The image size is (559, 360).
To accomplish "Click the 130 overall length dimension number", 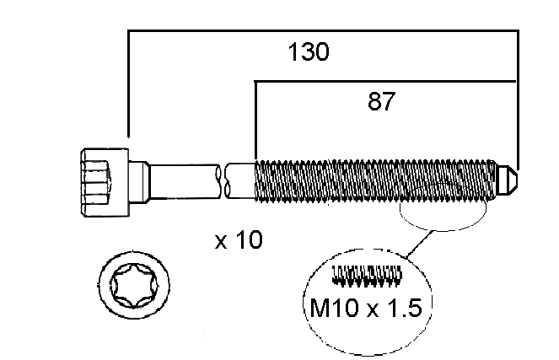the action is click(x=309, y=52).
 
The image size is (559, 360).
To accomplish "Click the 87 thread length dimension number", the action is click(x=381, y=101).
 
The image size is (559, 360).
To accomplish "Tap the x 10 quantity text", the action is click(x=239, y=239).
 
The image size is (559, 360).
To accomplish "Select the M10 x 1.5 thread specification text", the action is click(x=366, y=308).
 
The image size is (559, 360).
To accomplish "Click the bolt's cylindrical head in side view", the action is click(x=105, y=182).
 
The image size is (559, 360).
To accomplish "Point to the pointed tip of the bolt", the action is click(x=518, y=178).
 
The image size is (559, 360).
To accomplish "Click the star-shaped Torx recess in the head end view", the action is click(x=134, y=286).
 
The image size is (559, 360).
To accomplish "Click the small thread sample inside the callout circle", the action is click(x=367, y=276).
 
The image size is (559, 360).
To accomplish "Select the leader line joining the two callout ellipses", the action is click(x=421, y=244).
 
